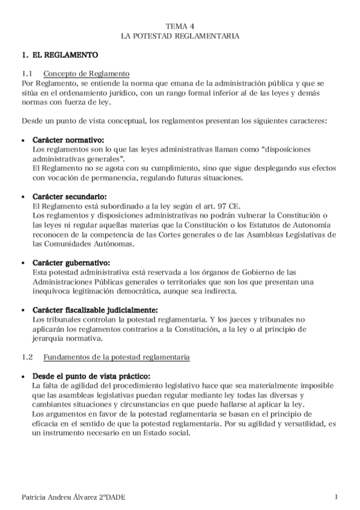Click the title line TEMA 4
[x=180, y=26]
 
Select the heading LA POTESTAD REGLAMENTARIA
[x=180, y=36]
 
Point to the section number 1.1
[x=26, y=73]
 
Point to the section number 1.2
[x=26, y=357]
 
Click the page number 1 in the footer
[x=337, y=496]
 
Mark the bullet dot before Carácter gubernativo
[x=23, y=263]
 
